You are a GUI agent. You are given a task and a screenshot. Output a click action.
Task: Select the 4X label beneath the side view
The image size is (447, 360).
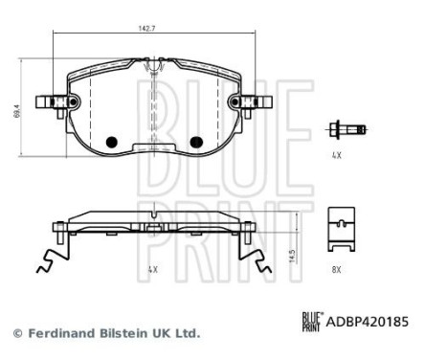point(153,271)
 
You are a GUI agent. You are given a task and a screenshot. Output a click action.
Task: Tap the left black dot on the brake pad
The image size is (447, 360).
point(110,142)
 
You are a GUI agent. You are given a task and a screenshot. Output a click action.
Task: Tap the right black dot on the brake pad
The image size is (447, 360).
point(197,142)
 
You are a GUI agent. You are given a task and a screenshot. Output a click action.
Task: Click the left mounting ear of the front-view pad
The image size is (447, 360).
point(48,102)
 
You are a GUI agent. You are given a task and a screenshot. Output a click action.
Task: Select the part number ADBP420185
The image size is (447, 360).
point(369,323)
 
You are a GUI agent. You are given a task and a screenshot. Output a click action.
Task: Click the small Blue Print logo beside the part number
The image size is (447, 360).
point(313,323)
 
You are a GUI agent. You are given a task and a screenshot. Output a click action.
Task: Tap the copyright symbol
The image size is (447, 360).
point(15,333)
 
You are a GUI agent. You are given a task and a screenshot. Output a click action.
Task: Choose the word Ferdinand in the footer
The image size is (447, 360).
point(55,333)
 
